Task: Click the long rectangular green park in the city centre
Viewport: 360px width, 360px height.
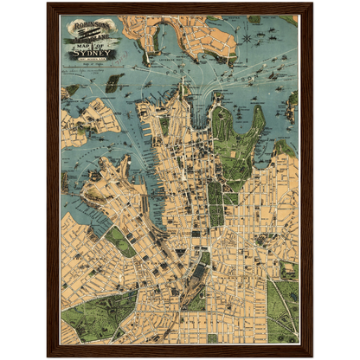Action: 215,202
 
